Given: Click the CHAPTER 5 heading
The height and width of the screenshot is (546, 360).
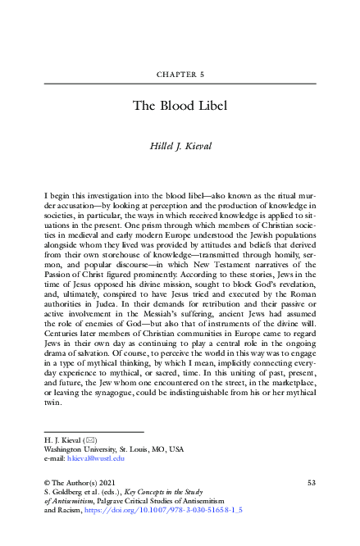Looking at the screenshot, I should [180, 75].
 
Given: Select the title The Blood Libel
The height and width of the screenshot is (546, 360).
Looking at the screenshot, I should [180, 105].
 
